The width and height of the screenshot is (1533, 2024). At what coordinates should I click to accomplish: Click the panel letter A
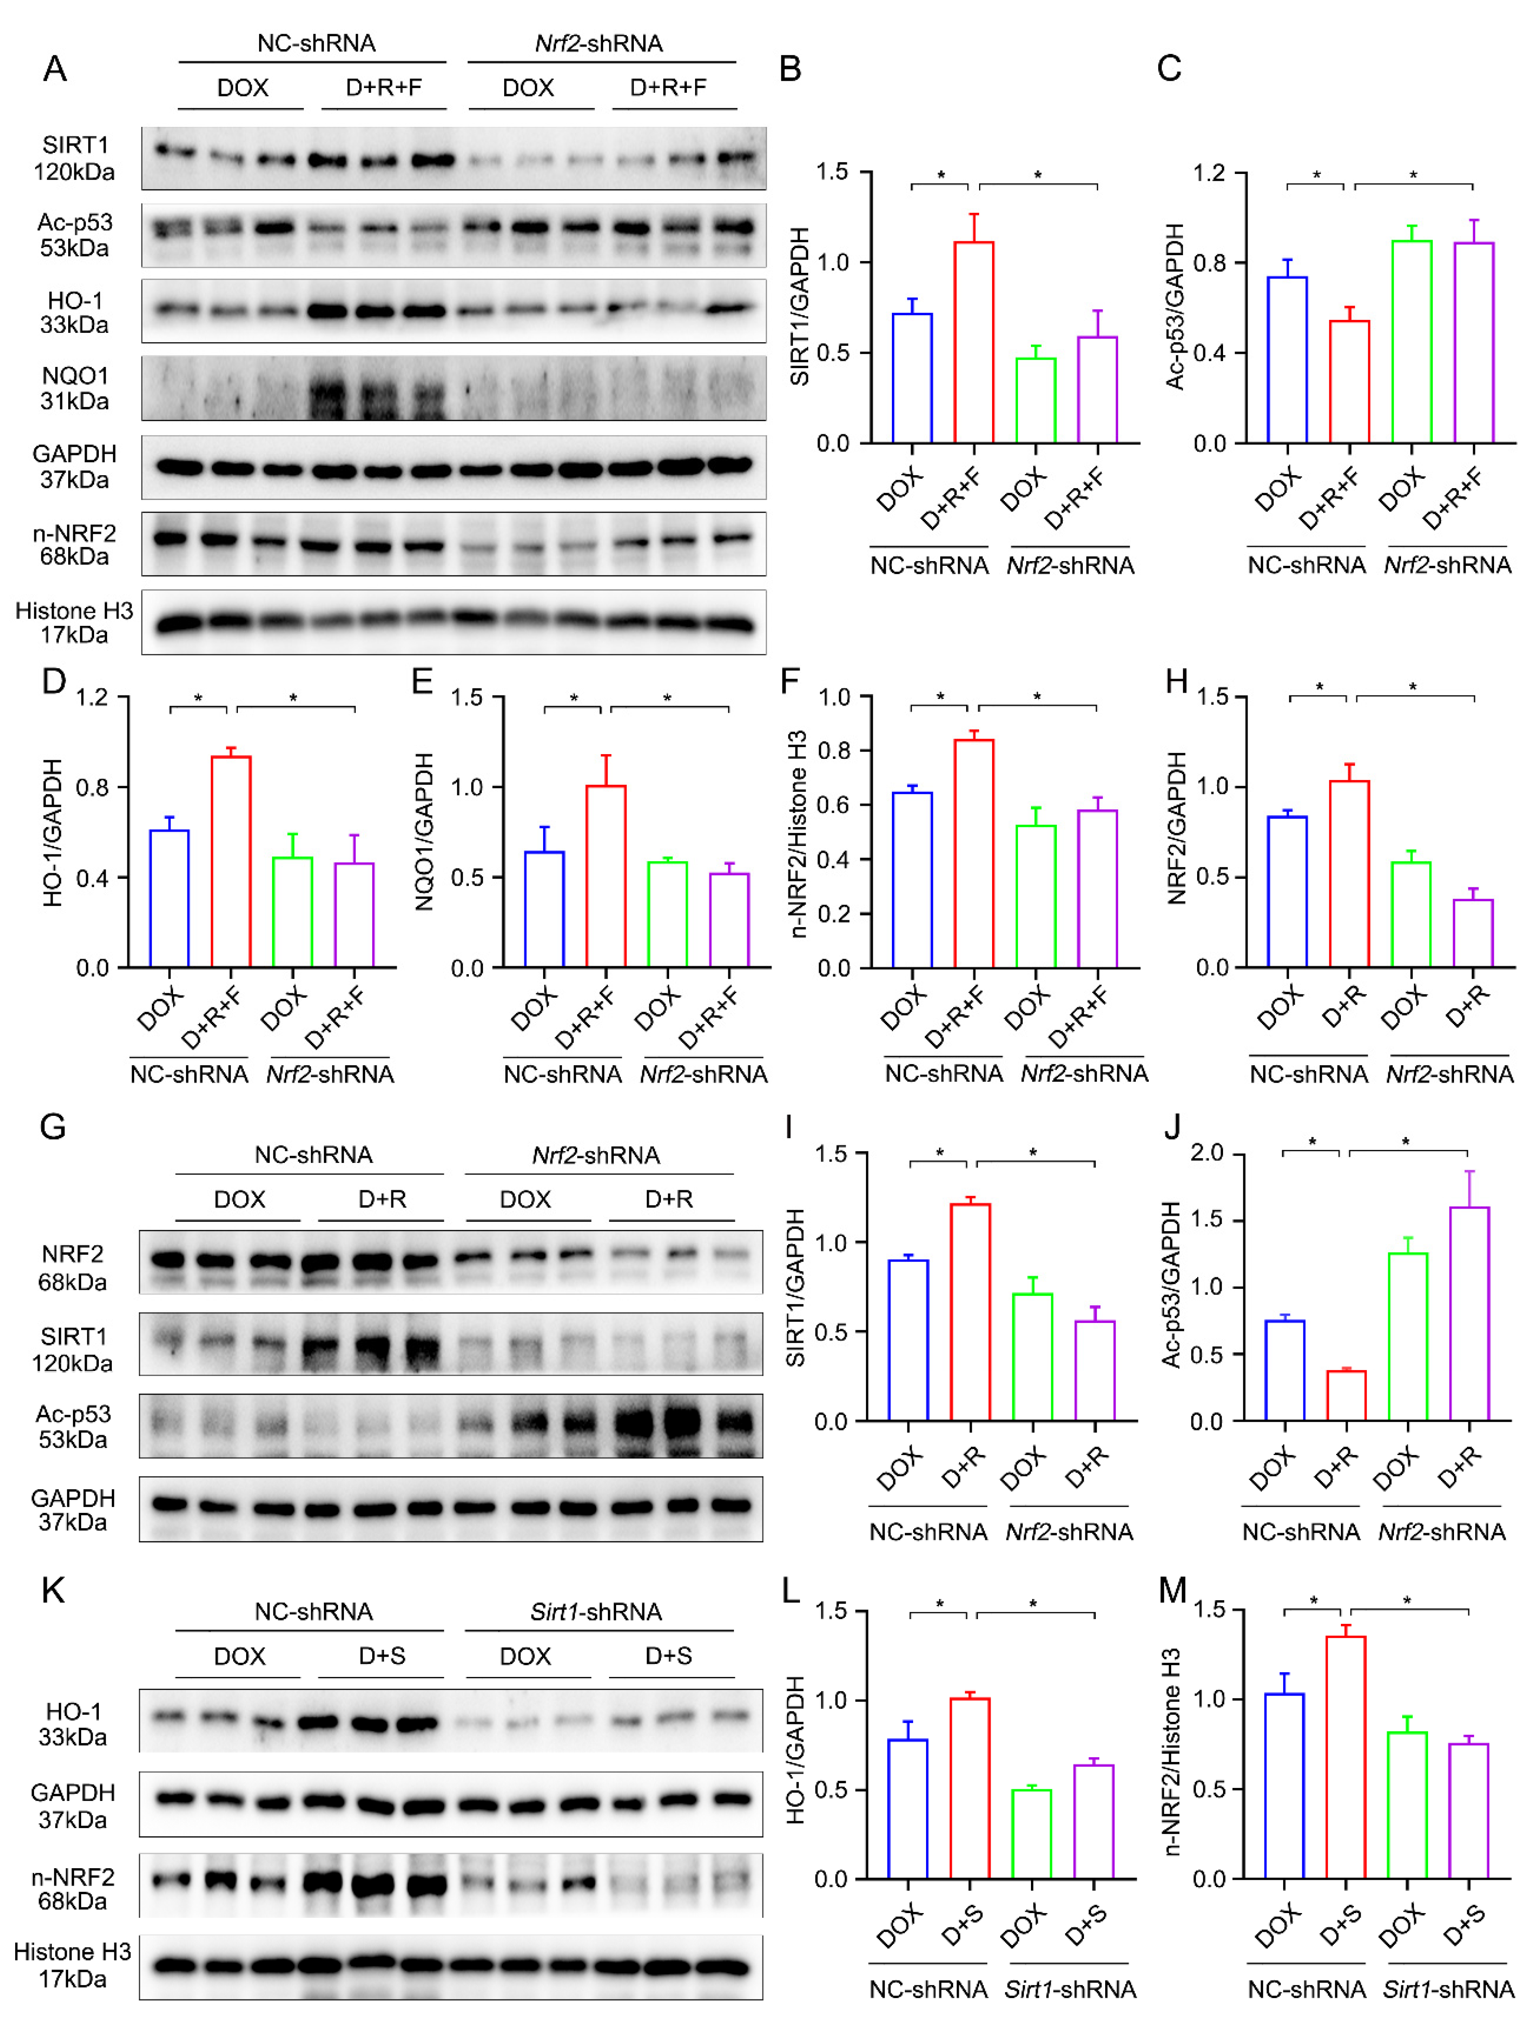pyautogui.click(x=55, y=69)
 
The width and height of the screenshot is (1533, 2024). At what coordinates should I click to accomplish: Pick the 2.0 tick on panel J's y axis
pyautogui.click(x=1206, y=1153)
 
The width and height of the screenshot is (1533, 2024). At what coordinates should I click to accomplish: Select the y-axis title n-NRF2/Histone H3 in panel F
pyautogui.click(x=798, y=833)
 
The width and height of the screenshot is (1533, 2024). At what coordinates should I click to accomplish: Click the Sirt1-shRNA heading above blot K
pyautogui.click(x=596, y=1611)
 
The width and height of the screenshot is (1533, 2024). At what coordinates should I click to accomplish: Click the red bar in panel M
pyautogui.click(x=1345, y=1757)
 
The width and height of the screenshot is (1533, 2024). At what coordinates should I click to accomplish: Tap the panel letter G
pyautogui.click(x=53, y=1125)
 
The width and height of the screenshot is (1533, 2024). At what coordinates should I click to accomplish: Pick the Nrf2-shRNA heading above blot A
pyautogui.click(x=598, y=43)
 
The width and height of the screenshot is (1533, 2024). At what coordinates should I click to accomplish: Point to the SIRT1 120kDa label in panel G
pyautogui.click(x=72, y=1349)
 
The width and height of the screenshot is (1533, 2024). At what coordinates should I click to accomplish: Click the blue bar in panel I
pyautogui.click(x=908, y=1341)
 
